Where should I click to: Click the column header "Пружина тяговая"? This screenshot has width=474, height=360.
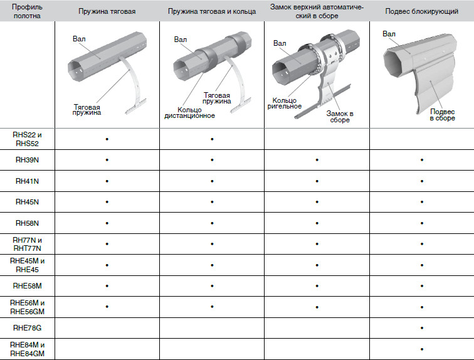tap(107, 11)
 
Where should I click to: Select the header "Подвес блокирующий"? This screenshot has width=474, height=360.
tap(422, 11)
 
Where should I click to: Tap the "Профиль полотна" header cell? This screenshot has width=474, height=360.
tap(27, 11)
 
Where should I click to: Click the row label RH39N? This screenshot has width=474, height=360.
tap(27, 160)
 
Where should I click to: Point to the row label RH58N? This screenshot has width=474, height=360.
tap(27, 223)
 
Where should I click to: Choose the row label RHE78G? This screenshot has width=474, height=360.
tap(27, 328)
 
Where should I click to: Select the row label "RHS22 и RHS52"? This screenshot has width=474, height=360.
tap(27, 139)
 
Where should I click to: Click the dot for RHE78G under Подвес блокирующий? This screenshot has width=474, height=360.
tap(422, 328)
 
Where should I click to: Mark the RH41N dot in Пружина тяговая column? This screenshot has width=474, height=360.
tap(107, 181)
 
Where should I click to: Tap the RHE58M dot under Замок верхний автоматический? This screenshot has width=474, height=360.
tap(317, 286)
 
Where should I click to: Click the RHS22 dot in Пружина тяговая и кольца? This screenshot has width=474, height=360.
tap(212, 139)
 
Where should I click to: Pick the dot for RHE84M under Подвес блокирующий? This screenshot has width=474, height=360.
tap(422, 349)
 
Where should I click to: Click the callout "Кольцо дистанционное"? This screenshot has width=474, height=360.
tap(189, 113)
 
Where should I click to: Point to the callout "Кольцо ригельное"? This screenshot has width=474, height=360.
tap(285, 103)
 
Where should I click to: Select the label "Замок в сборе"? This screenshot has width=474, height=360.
tap(340, 117)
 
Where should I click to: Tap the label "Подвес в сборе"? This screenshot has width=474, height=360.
tap(442, 115)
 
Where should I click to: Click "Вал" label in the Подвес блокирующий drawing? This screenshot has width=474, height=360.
tap(389, 34)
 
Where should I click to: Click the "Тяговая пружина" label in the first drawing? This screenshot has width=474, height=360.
tap(87, 110)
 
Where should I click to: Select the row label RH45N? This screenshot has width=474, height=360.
tap(27, 202)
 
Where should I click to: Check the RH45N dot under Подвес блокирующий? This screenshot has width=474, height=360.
tap(422, 202)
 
